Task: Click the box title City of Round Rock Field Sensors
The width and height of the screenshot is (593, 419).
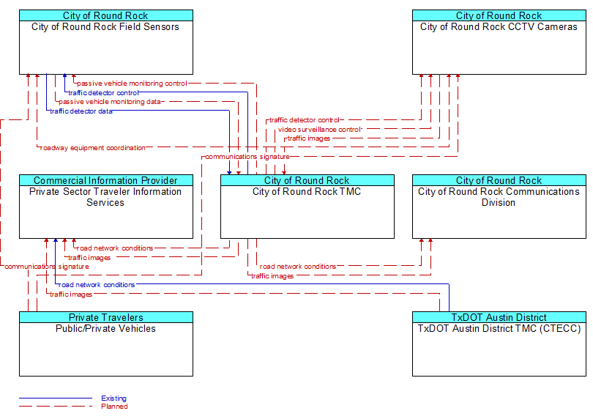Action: pos(105,27)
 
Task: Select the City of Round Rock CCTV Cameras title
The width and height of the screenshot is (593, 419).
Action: pos(499,27)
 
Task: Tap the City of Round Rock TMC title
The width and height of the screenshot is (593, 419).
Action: pos(307,191)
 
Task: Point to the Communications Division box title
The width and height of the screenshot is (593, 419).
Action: pos(499,197)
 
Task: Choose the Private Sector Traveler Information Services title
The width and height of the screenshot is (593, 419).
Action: pos(105,197)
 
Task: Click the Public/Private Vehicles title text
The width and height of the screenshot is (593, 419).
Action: pos(105,329)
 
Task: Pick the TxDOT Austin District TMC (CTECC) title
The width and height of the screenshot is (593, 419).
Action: pos(499,329)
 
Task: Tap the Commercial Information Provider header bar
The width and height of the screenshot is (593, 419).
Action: pos(106,180)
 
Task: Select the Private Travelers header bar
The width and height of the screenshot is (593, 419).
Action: pos(106,317)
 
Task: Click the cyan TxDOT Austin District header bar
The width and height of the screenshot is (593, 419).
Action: pos(499,317)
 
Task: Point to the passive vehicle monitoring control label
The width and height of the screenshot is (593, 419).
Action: pos(132,84)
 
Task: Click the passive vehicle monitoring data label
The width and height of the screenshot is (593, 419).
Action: pos(110,102)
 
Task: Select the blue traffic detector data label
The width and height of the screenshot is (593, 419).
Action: pos(81,111)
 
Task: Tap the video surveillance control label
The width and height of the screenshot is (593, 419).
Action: pos(320,130)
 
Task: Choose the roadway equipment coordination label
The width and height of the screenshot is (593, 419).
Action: pos(93,148)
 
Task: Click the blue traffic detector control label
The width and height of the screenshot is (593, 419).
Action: pos(103,93)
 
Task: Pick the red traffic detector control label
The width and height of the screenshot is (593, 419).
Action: pos(304,120)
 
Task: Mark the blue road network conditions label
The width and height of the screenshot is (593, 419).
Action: pos(97,285)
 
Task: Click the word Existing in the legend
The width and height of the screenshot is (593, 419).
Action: pos(113,398)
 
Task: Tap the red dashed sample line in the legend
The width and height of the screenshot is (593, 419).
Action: pos(56,407)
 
